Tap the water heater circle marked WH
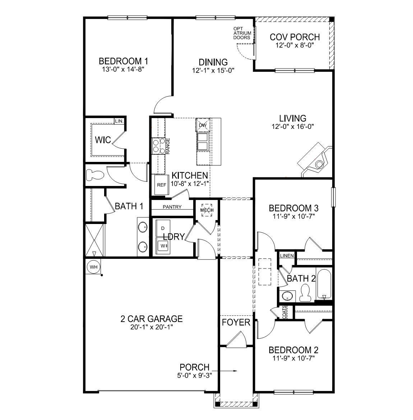tap(93, 267)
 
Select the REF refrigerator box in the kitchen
tap(162, 185)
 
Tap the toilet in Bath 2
tap(305, 292)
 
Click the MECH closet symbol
tap(207, 210)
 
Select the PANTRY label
tap(172, 207)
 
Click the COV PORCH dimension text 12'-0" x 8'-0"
tap(295, 46)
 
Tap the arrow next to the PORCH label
tap(225, 370)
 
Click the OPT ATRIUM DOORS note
tap(242, 33)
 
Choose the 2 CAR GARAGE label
tap(152, 318)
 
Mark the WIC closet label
tap(103, 140)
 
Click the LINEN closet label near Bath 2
tap(287, 256)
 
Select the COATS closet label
tap(284, 312)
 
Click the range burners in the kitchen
tap(159, 146)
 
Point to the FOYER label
tap(236, 322)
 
